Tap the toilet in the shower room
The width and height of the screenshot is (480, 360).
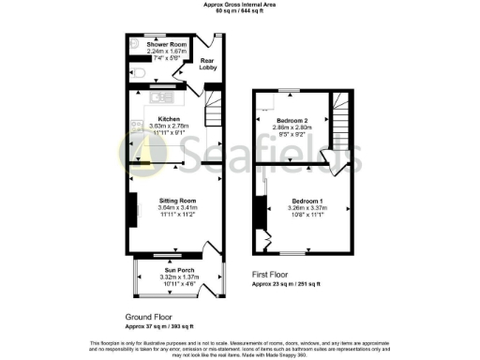[138, 73]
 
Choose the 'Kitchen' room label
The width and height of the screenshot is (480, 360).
[170, 119]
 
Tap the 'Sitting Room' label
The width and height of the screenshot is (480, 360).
[175, 201]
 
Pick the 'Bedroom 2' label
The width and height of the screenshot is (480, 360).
[290, 121]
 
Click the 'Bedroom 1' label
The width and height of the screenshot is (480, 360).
[307, 202]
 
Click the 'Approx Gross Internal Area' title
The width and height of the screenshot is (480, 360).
[240, 5]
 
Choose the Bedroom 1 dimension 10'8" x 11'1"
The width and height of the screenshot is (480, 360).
[307, 215]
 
